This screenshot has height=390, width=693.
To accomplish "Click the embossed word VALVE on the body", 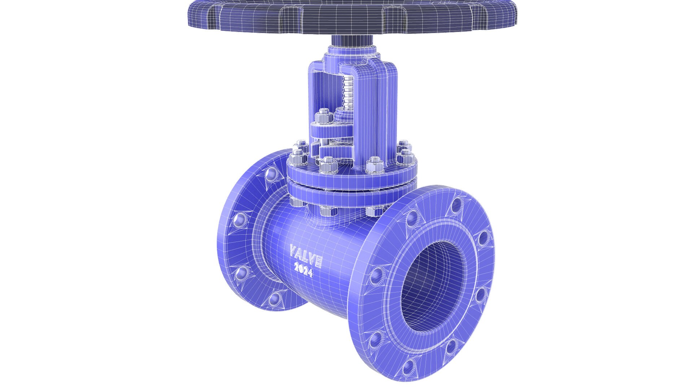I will (x=306, y=256).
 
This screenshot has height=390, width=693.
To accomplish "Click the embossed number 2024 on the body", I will (x=303, y=270).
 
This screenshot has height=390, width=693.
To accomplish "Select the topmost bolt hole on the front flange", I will (x=457, y=205).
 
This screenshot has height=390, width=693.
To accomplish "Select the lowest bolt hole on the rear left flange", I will (x=275, y=298).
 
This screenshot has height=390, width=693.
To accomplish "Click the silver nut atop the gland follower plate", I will (x=324, y=116).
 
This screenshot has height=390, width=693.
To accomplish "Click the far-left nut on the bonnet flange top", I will (x=298, y=157).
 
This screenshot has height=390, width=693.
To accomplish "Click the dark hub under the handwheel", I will (x=354, y=40).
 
